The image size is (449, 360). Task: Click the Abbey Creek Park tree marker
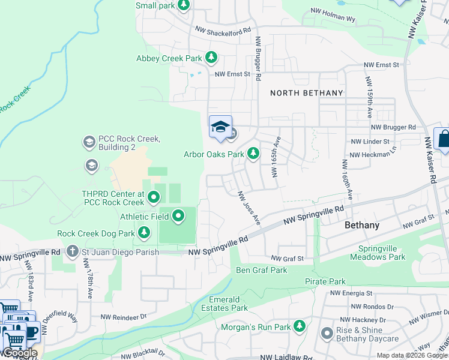point(211,58)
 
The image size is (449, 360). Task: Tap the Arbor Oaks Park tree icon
point(253,154)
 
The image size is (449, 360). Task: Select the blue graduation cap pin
point(220,127)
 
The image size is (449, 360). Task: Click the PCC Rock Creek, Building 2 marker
point(89,142)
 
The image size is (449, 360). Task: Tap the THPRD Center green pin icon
point(154,197)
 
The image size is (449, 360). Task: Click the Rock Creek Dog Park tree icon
point(144,232)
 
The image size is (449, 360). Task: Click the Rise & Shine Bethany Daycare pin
point(327,333)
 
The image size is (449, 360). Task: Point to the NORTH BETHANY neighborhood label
point(306,93)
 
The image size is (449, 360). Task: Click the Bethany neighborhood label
point(362,225)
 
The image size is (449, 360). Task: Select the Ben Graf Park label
point(261,270)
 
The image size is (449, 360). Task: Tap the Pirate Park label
point(325,281)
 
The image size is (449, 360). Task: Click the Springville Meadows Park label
point(382,253)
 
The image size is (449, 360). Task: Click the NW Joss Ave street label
point(249,208)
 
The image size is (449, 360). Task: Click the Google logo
point(20,353)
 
